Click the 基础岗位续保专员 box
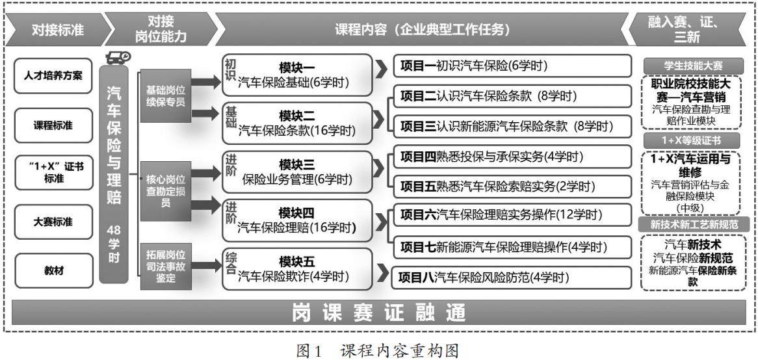166,95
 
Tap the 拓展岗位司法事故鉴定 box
166,265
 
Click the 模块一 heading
296,68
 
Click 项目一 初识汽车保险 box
512,66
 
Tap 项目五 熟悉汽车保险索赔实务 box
512,186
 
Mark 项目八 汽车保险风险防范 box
512,277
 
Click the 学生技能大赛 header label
694,65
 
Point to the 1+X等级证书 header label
694,140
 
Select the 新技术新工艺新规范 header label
694,224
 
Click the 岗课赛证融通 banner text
378,313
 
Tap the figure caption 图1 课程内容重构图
378,351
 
